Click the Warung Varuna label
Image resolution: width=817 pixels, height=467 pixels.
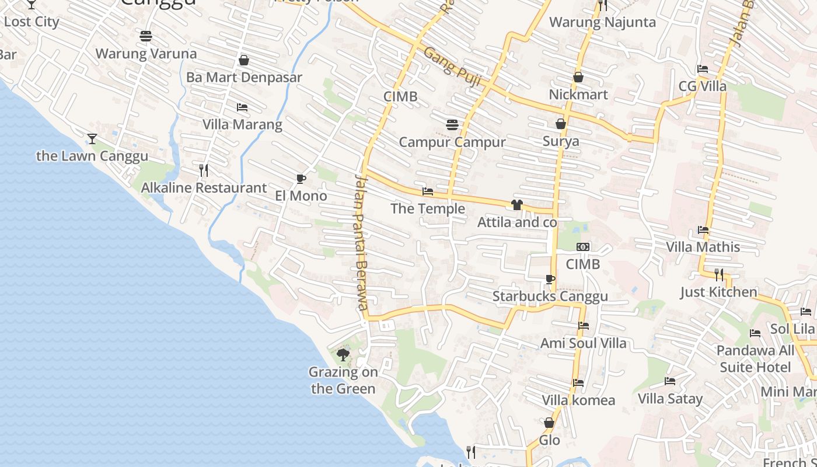point(146,54)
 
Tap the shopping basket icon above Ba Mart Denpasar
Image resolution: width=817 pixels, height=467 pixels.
point(244,61)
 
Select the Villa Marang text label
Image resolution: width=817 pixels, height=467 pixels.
point(242,124)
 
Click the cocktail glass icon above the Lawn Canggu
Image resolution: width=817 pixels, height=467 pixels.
point(92,139)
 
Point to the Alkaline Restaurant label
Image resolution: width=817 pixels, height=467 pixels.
point(204,188)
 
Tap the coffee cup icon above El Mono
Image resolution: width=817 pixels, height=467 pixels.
point(301,179)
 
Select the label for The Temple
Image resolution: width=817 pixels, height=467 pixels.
point(428,209)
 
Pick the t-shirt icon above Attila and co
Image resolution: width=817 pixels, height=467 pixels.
point(516,205)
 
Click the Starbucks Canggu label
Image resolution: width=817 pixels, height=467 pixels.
point(550,297)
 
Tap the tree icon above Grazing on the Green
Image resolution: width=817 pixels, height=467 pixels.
point(343,354)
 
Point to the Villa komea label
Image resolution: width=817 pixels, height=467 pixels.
point(578,400)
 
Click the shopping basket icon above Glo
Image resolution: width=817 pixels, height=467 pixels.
point(549,423)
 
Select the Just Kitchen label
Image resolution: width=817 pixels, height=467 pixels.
point(718,292)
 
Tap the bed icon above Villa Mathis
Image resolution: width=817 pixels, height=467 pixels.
point(703,230)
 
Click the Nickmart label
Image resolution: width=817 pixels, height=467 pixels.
point(578,95)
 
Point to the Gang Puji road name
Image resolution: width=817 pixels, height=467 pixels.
point(452,67)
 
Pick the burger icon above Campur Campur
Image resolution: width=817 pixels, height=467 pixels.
point(452,125)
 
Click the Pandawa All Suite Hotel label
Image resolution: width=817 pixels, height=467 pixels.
point(755,359)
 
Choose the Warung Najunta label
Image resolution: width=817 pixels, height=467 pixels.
point(603,23)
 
